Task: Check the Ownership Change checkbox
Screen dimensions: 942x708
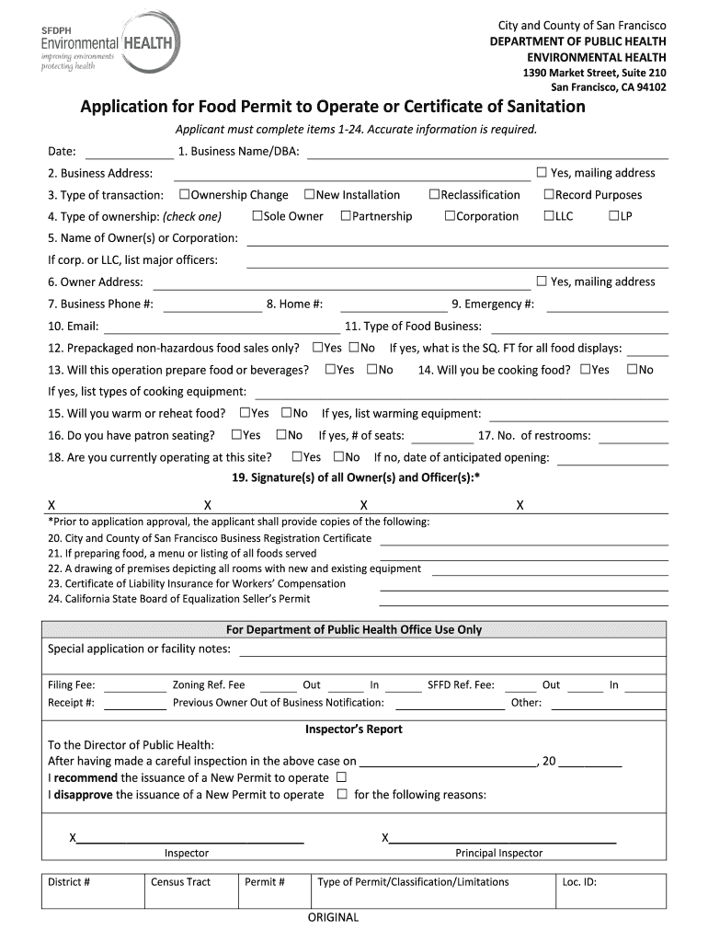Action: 185,194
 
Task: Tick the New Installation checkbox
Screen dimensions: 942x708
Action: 310,194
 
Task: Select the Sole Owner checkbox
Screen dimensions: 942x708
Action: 257,216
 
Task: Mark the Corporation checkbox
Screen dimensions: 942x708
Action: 451,216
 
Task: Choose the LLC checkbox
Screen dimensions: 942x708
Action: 549,216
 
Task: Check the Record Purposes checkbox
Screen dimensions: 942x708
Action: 549,194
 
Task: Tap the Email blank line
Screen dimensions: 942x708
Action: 221,327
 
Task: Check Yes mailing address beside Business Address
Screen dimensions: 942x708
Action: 542,172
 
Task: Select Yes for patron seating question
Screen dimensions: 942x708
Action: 237,435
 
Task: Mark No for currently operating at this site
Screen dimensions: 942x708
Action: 339,457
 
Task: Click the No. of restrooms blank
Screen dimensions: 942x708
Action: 634,437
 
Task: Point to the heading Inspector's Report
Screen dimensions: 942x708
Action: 354,729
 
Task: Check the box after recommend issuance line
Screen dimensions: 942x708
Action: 341,777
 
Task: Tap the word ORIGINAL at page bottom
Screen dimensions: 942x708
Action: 333,917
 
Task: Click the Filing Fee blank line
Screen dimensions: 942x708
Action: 135,686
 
